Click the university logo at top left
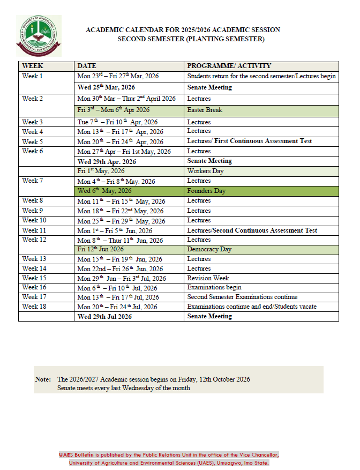point(39,36)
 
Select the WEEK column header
point(33,66)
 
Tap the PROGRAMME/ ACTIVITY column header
point(229,66)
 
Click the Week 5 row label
point(33,141)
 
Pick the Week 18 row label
point(34,307)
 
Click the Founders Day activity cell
point(206,191)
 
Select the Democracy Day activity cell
point(209,249)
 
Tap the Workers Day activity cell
point(206,171)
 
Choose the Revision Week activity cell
point(208,278)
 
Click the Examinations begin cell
point(214,287)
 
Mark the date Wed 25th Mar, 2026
point(106,87)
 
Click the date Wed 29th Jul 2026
point(104,316)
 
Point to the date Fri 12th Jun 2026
point(101,249)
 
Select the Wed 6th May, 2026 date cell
point(104,191)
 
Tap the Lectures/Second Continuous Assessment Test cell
point(252,230)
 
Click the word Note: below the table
point(43,379)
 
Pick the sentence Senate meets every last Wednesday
point(123,388)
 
